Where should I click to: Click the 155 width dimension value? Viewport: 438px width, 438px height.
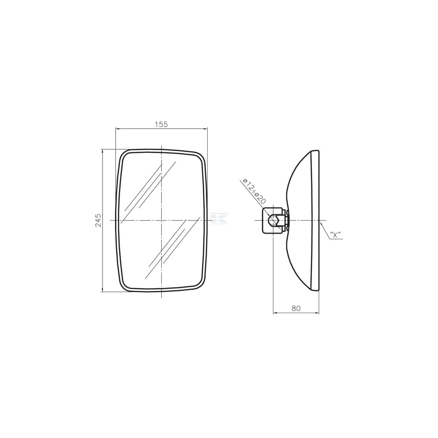click(162, 124)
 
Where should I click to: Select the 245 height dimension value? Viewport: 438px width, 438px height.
click(98, 220)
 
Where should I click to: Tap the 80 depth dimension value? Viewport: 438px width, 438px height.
click(296, 308)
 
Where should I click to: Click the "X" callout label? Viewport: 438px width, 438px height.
click(335, 235)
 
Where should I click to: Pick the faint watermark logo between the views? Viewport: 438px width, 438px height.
click(219, 219)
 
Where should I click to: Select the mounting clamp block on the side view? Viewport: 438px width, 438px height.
click(274, 220)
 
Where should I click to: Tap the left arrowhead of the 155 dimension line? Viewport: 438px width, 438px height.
click(118, 128)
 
